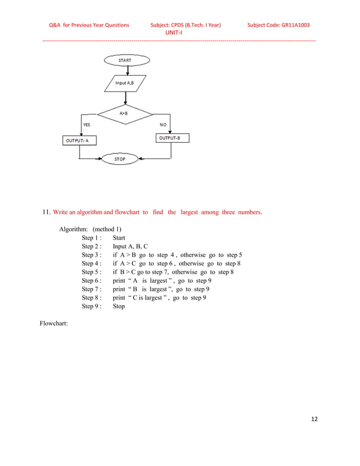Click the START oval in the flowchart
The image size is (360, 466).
pos(125,59)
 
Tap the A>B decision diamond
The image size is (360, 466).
pos(124,113)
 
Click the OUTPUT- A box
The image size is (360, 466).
pos(79,140)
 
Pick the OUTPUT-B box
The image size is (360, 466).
pos(172,138)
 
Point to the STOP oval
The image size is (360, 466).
pos(120,160)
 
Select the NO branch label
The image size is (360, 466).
pos(163,124)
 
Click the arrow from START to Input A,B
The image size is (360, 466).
pos(128,70)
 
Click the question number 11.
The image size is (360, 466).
pos(47,212)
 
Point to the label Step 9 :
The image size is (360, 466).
pos(91,306)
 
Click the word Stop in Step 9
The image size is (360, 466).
pos(118,306)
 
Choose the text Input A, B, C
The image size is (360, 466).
pos(130,247)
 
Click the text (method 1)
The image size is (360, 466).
pos(107,229)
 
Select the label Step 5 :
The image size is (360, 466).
pos(91,272)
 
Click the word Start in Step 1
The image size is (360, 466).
pos(119,238)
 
